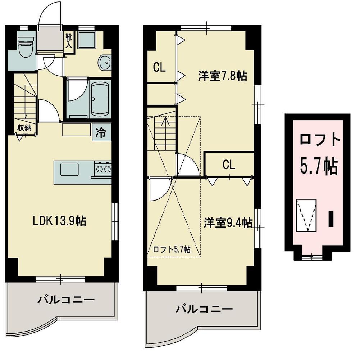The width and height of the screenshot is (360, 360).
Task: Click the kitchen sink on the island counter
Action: pos(69,169)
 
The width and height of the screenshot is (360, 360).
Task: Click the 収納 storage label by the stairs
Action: pos(25,128)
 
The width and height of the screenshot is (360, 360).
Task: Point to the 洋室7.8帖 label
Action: pos(222,76)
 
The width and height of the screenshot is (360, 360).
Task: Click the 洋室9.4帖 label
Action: pos(228,223)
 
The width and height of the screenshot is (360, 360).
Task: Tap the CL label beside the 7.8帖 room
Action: pos(159,67)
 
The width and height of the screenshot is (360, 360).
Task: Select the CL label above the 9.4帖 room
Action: pos(228,165)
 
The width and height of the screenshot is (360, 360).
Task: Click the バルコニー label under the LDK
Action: pos(66,299)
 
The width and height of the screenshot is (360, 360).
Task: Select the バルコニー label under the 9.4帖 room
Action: pos(204,309)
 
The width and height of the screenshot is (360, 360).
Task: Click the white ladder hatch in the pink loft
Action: pos(306,215)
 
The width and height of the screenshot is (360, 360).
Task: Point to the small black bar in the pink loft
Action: pos(331,219)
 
